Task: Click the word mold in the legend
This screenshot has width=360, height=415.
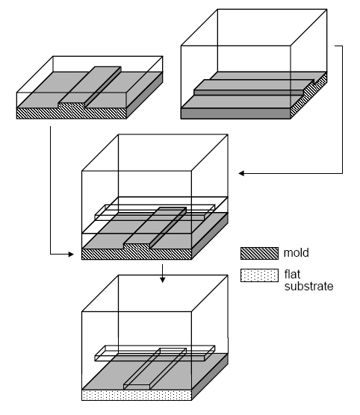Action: [296, 253]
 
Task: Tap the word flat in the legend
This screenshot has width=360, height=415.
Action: [292, 275]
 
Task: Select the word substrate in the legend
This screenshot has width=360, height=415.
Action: [308, 287]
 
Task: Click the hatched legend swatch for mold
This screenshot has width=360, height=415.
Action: [259, 253]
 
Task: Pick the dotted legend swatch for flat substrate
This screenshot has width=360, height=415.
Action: [259, 275]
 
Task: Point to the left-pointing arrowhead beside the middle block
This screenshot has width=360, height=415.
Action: [241, 173]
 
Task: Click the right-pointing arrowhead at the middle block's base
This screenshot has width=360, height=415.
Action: [71, 255]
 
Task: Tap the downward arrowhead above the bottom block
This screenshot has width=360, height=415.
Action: [162, 279]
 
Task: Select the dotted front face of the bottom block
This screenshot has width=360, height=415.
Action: [137, 395]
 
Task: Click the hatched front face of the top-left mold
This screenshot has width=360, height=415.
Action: [71, 113]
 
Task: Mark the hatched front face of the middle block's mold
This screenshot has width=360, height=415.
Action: [137, 254]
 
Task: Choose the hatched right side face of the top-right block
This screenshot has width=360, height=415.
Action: [309, 96]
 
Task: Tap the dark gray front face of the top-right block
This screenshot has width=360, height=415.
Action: [236, 113]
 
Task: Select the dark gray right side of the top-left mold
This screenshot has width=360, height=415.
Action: [145, 96]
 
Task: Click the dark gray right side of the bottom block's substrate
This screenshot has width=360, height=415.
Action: [210, 377]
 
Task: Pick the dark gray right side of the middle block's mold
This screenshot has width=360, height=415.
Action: [210, 236]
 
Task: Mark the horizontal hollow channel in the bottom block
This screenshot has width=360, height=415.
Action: [155, 353]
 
